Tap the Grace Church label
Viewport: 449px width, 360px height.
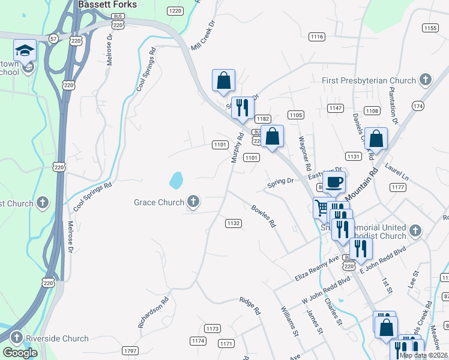pos(159,202)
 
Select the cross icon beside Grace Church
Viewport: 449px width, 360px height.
pos(193,202)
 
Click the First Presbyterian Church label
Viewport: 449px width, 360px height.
pos(377,80)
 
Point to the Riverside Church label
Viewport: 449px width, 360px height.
pos(58,338)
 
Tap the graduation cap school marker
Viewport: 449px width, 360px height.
pos(25,50)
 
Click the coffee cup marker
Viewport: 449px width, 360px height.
pos(334,181)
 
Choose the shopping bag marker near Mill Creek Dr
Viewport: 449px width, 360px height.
pos(223,80)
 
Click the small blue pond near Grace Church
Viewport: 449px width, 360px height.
pos(176,179)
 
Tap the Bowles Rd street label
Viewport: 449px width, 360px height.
pos(264,217)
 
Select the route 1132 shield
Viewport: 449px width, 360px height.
pos(234,223)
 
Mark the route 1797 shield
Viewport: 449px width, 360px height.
pos(130,350)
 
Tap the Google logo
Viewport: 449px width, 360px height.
pos(20,353)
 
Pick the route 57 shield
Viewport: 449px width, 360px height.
pos(54,38)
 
